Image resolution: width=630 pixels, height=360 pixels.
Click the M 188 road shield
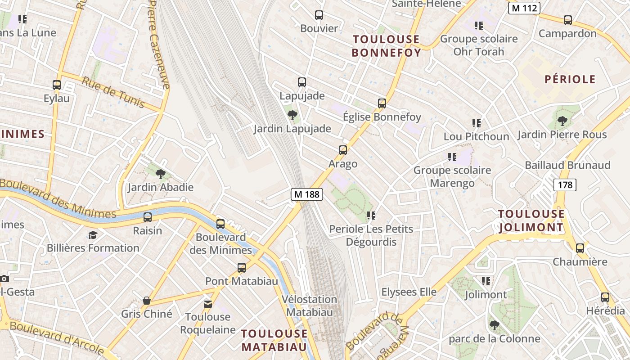[307, 194]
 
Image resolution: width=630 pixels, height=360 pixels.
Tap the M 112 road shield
[524, 8]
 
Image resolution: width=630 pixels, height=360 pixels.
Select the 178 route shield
[565, 184]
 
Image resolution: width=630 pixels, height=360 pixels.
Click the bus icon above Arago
[343, 150]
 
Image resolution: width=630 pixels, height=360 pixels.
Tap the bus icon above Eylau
[57, 85]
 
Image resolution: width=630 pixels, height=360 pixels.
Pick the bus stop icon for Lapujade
[302, 82]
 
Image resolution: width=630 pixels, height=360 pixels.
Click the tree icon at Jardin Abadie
[160, 174]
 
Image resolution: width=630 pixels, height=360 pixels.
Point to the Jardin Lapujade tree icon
[292, 115]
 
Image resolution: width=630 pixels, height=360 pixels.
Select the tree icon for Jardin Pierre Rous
[562, 121]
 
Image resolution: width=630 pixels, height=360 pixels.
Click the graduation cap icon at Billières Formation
[93, 235]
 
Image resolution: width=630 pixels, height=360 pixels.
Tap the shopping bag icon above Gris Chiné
[146, 301]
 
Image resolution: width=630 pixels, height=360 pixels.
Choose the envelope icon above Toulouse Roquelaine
[207, 304]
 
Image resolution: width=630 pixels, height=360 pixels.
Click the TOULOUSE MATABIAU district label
[274, 340]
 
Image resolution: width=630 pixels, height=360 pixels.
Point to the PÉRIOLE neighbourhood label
[570, 80]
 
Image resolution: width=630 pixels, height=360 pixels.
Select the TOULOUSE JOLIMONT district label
[531, 220]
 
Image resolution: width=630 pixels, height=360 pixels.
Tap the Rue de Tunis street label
[113, 92]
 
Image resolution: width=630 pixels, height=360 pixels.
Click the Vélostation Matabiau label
[310, 306]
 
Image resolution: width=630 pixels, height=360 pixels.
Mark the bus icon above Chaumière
[580, 248]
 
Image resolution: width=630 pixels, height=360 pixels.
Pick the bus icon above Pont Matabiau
[242, 268]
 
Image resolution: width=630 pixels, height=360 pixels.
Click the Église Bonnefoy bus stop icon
[382, 103]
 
